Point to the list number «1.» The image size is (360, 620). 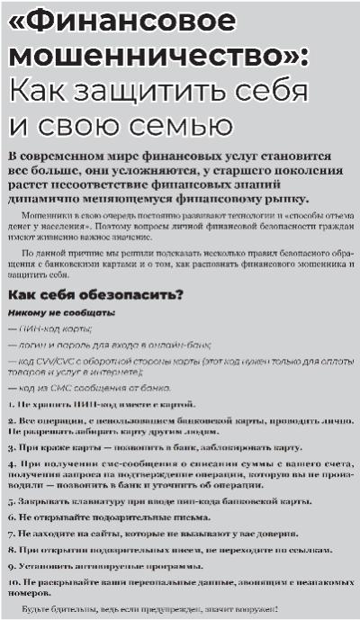click(11, 404)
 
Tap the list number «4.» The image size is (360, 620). click(11, 460)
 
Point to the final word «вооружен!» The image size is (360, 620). click(252, 611)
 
